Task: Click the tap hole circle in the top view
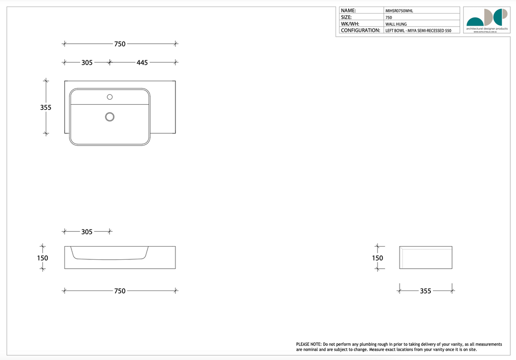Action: [110, 97]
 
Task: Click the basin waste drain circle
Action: [109, 117]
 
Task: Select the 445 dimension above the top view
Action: [142, 63]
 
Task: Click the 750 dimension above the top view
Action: [119, 44]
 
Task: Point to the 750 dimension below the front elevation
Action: [119, 291]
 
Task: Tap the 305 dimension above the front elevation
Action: [87, 232]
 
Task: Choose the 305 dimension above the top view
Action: [87, 63]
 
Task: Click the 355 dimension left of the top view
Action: [46, 107]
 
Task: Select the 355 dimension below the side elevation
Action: [425, 291]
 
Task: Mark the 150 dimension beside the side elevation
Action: [377, 258]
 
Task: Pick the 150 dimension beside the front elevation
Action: [43, 258]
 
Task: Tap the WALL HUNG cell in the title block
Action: [396, 24]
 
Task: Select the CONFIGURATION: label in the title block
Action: [360, 30]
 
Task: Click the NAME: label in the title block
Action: [348, 11]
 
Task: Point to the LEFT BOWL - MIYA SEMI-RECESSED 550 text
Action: [418, 31]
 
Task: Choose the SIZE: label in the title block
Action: [346, 17]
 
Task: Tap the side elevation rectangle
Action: [426, 257]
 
